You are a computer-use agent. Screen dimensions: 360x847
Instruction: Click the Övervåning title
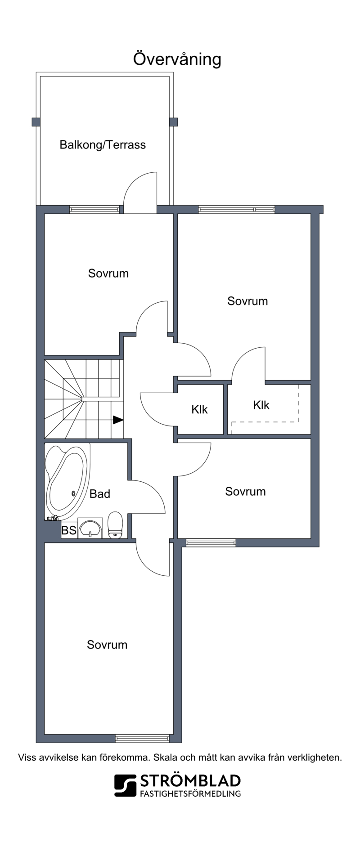177,59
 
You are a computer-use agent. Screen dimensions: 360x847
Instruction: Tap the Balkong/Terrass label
103,145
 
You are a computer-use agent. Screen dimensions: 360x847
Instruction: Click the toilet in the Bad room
116,524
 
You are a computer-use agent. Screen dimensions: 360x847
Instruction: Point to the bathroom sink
90,528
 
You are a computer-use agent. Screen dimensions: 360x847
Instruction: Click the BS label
69,530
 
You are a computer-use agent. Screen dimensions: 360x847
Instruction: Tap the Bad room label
100,494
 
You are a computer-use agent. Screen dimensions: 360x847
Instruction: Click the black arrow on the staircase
118,420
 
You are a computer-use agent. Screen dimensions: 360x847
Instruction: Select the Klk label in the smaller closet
199,409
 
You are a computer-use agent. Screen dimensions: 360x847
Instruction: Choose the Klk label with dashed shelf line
261,405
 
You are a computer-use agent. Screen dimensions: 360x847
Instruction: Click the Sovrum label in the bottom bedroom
107,645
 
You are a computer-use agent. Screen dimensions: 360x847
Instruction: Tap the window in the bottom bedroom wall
142,738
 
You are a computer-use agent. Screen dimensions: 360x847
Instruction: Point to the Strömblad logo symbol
125,785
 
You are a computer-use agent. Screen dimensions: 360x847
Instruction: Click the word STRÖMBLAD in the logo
190,781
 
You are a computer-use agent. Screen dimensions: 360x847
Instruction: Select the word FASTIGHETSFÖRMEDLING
190,793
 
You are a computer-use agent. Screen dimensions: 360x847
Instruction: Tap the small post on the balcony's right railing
173,122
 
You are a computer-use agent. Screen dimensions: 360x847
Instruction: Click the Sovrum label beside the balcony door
108,273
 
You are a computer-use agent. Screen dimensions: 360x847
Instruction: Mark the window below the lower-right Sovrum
211,543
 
